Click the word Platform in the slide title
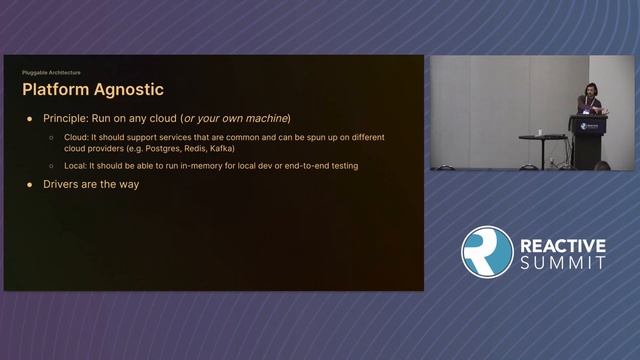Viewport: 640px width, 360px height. click(57, 91)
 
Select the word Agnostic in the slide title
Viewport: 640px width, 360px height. click(129, 91)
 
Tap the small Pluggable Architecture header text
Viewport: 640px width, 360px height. click(51, 73)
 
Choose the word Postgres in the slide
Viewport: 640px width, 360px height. click(142, 148)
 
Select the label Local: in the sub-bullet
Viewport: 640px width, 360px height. click(75, 165)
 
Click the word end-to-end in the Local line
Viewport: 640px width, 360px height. click(298, 165)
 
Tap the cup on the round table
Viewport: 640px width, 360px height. click(541, 132)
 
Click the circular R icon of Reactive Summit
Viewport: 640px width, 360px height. click(487, 252)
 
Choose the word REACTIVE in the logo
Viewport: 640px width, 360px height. click(562, 244)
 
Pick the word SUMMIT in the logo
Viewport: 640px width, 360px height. click(562, 263)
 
